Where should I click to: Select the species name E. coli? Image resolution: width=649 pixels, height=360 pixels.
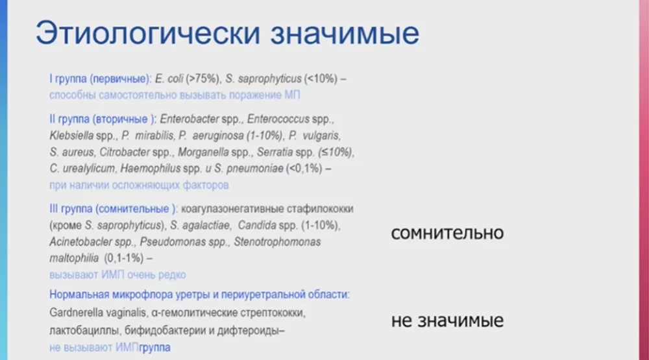coord(167,78)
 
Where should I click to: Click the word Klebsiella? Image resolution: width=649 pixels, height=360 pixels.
coord(71,136)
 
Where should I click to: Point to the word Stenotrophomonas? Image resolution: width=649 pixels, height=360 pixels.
coord(279,242)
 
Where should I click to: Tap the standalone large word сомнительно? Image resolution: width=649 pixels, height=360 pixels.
coord(447,233)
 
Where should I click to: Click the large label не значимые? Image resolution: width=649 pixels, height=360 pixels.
coord(447,320)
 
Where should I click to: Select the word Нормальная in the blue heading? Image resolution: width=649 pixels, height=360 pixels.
coord(77,294)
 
